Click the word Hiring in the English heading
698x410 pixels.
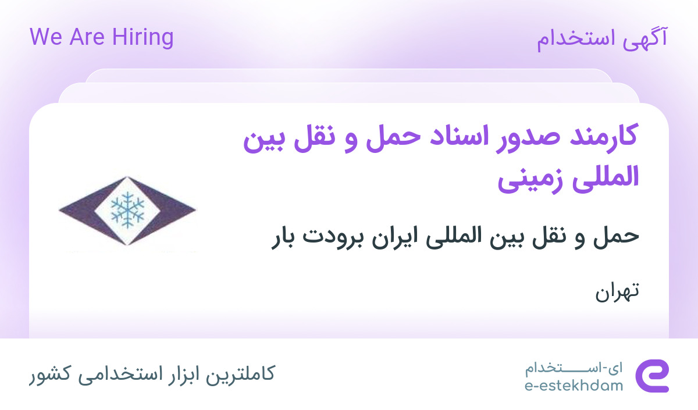[x=143, y=37]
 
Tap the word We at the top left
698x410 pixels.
[x=46, y=37]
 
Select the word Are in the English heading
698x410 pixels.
[x=87, y=37]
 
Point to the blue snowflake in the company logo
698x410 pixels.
[x=127, y=210]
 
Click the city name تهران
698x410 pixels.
[x=617, y=291]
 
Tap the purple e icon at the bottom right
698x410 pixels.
[x=652, y=376]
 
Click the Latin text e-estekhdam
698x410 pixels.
[x=574, y=386]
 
